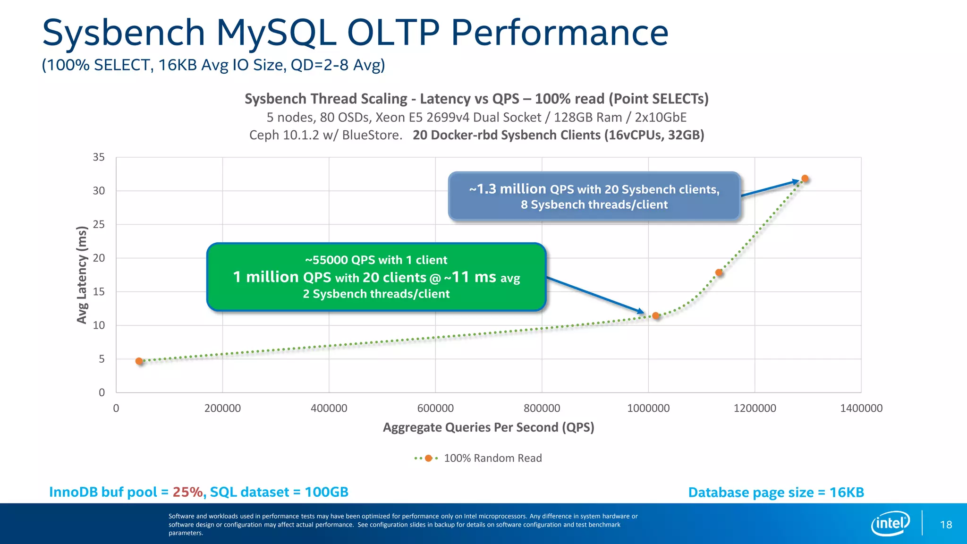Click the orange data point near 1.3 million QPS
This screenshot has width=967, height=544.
(805, 179)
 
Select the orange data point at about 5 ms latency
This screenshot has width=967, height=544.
(139, 361)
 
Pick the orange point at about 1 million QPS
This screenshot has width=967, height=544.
(656, 315)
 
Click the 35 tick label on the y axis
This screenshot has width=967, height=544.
(99, 157)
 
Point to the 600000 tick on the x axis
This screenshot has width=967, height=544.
(435, 408)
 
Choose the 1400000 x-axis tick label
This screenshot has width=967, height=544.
(861, 408)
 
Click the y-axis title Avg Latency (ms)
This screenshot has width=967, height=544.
(82, 275)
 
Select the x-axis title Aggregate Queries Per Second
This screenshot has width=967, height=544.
(488, 427)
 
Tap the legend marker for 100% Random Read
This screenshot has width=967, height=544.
(428, 458)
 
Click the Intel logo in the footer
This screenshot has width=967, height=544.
(890, 523)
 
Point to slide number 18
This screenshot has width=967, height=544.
(946, 525)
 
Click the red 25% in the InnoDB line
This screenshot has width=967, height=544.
(187, 492)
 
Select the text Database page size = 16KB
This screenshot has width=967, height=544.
(776, 493)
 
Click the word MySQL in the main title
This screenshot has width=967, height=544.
(276, 33)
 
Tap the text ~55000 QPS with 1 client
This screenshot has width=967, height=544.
(376, 260)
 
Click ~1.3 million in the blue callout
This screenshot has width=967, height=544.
(507, 189)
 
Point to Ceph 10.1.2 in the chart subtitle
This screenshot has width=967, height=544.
(284, 135)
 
